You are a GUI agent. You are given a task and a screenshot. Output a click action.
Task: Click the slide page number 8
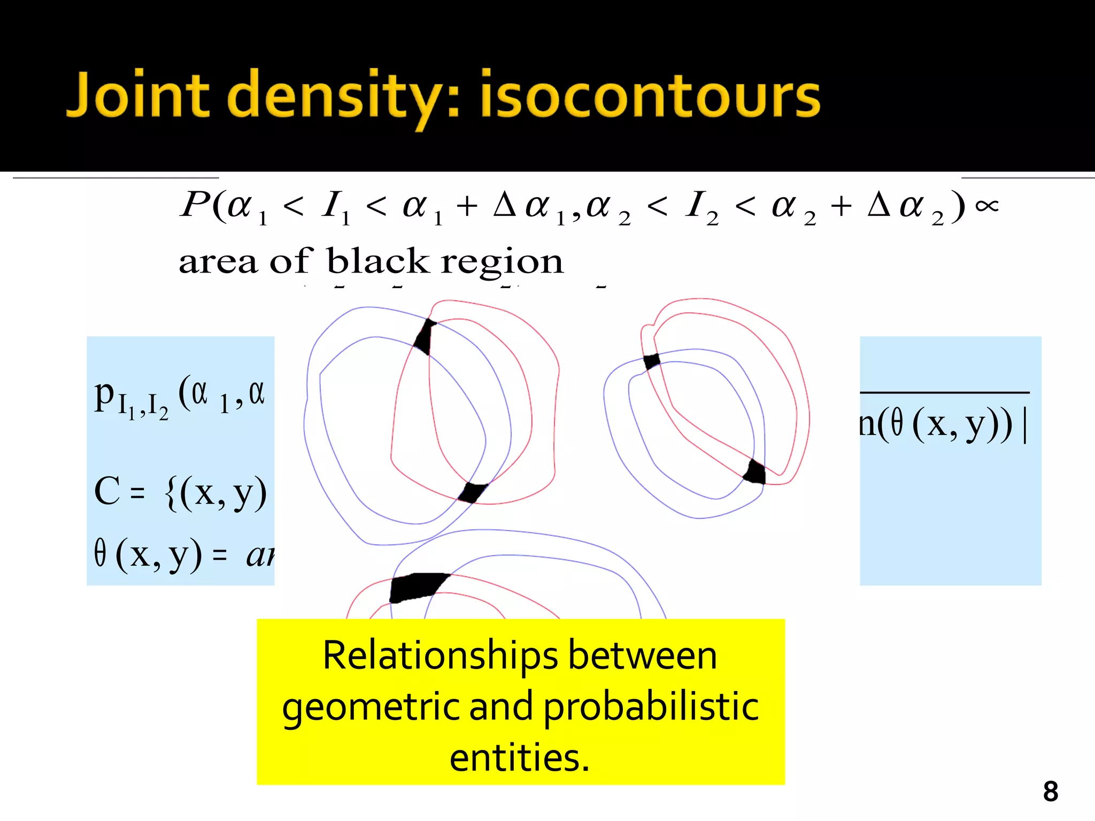[x=1050, y=792]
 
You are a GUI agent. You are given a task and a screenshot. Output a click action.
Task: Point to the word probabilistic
[x=651, y=707]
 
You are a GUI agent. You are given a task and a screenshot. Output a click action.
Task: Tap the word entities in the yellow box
[x=519, y=758]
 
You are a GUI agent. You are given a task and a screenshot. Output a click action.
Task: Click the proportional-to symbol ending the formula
[x=986, y=206]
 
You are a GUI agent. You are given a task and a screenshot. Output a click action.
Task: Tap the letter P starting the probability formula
[x=195, y=204]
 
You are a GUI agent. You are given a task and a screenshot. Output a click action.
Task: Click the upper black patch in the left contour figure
[x=425, y=337]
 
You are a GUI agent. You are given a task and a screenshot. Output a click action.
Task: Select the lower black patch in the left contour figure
[x=472, y=492]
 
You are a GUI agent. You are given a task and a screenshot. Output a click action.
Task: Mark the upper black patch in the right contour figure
[x=652, y=361]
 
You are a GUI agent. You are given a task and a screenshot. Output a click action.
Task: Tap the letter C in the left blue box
[x=107, y=491]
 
